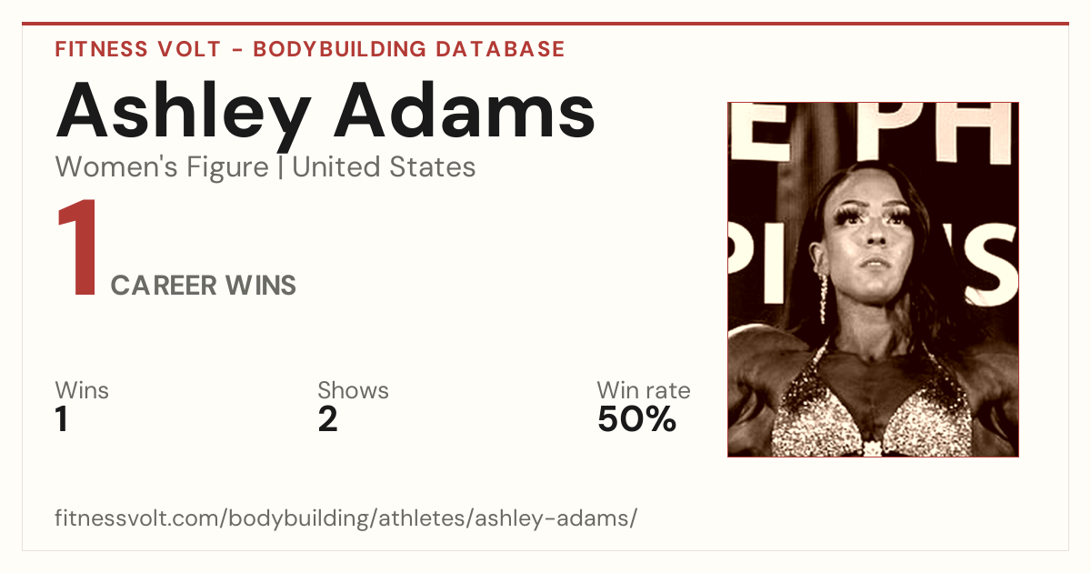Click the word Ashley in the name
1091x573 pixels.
point(184,116)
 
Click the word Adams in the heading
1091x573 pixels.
point(465,110)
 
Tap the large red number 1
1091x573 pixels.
point(79,247)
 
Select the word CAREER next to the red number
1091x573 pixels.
point(163,285)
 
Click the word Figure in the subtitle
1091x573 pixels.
point(227,167)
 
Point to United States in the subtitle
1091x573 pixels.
point(384,166)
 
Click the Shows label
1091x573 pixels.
point(353,390)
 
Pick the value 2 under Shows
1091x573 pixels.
point(328,419)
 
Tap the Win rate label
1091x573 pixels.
point(644,390)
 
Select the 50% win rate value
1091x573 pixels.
point(637,419)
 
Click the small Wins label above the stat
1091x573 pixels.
point(82,390)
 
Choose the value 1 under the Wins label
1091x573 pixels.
point(62,419)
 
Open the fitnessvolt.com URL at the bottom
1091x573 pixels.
point(345,518)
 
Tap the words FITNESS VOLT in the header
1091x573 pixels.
point(138,49)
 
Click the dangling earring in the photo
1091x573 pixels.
point(824,298)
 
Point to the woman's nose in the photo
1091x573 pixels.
point(876,234)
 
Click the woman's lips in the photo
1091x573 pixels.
point(876,264)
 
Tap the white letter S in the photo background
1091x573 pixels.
point(991,267)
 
